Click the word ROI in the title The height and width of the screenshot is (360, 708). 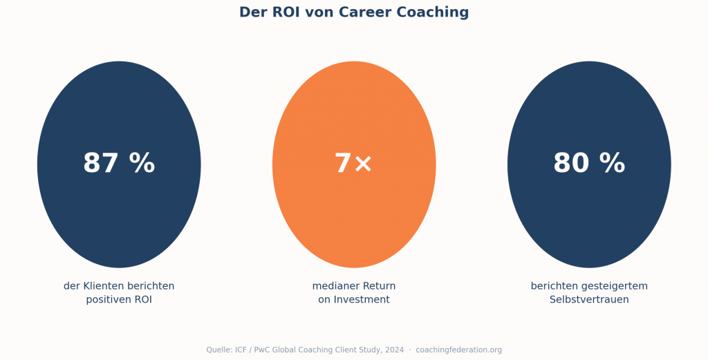283,12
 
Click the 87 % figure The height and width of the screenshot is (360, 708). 119,164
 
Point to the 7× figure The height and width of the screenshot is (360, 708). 353,164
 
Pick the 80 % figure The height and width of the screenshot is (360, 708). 589,164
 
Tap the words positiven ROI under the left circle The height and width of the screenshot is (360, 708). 119,300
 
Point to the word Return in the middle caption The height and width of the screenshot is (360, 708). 380,286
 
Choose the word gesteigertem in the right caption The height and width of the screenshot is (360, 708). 615,286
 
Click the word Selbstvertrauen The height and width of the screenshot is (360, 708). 589,300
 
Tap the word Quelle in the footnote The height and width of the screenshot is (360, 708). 219,350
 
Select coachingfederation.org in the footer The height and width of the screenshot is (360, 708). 458,350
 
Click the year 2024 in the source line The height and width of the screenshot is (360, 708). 393,350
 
